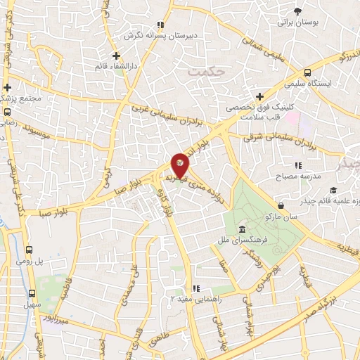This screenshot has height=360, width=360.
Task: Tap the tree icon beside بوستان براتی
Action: [297, 11]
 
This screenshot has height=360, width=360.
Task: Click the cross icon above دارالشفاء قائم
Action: [117, 56]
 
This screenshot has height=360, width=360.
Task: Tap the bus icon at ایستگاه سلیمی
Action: [307, 72]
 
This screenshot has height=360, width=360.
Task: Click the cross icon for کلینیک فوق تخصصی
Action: [259, 96]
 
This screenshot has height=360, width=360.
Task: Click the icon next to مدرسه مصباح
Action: [298, 165]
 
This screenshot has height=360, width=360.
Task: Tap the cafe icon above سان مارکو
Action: [281, 205]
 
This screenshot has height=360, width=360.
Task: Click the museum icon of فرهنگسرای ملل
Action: [242, 230]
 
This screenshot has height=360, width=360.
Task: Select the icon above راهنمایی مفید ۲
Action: [197, 288]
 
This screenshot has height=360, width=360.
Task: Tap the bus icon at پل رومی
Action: [29, 249]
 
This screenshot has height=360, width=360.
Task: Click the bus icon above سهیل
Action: [31, 293]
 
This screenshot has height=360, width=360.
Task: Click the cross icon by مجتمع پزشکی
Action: [7, 88]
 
